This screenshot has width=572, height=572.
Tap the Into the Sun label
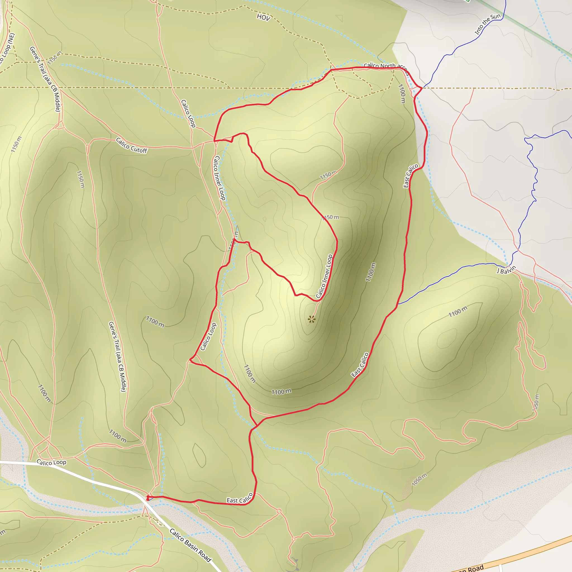487,24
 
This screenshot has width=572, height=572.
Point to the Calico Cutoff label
132,145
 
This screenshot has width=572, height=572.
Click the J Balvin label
507,270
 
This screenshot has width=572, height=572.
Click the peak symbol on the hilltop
311,319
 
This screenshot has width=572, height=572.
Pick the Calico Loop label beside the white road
51,462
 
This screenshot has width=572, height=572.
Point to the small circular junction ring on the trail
279,511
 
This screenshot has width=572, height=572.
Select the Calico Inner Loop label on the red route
325,276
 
